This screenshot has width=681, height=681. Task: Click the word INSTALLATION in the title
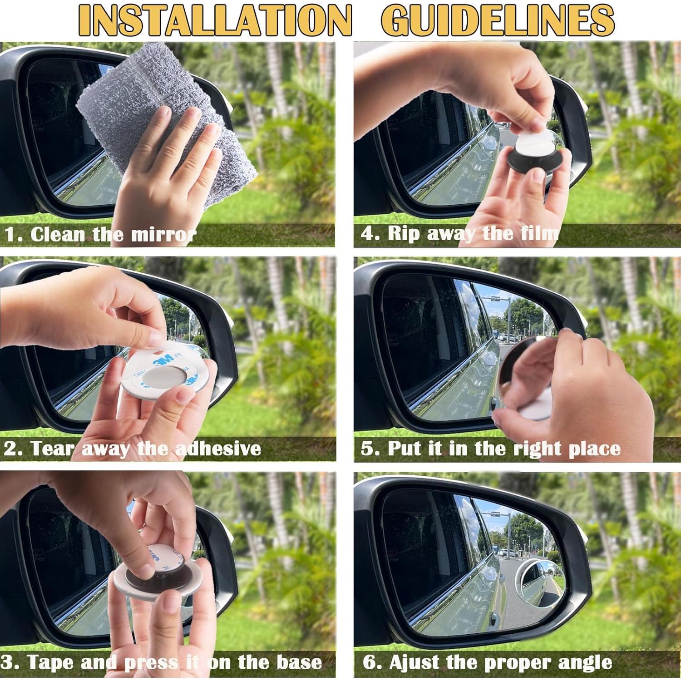[x=215, y=21]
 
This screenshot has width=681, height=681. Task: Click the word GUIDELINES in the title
[x=498, y=21]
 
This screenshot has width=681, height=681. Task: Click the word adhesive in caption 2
[x=218, y=449]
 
